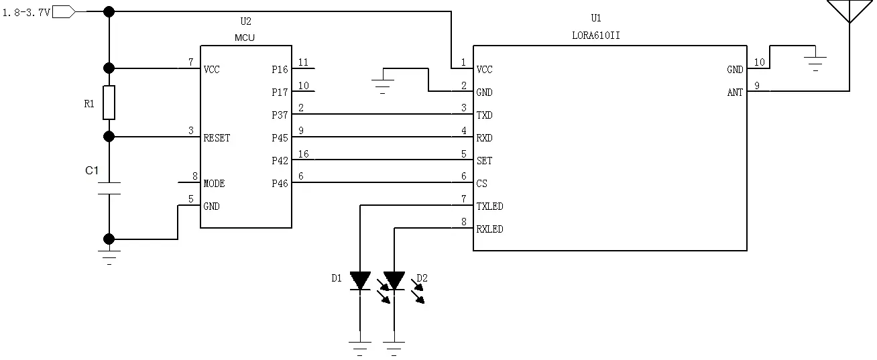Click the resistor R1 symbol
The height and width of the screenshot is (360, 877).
pyautogui.click(x=109, y=103)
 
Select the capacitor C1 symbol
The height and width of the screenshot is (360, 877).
pyautogui.click(x=109, y=188)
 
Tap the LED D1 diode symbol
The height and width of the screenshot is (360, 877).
pyautogui.click(x=361, y=281)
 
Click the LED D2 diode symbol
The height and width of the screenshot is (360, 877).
pyautogui.click(x=394, y=281)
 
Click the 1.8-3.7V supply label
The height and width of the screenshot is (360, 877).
pyautogui.click(x=26, y=12)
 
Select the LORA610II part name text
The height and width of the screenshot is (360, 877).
pyautogui.click(x=592, y=36)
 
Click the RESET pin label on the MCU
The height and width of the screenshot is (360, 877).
pyautogui.click(x=217, y=138)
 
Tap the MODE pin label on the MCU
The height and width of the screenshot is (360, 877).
pyautogui.click(x=214, y=184)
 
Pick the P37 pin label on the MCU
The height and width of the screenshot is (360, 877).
pyautogui.click(x=280, y=115)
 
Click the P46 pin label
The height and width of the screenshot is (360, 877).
pyautogui.click(x=280, y=184)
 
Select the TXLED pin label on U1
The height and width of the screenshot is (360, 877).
pyautogui.click(x=489, y=206)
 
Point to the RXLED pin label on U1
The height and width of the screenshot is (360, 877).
pyautogui.click(x=489, y=229)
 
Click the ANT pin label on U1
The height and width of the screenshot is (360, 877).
pyautogui.click(x=735, y=93)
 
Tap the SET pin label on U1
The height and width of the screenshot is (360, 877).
pyautogui.click(x=483, y=161)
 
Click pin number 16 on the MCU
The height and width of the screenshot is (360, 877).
pyautogui.click(x=303, y=154)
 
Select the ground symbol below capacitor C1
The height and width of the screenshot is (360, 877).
pyautogui.click(x=109, y=255)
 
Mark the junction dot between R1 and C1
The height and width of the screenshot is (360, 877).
pyautogui.click(x=109, y=137)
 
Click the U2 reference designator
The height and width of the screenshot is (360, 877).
pyautogui.click(x=245, y=22)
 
